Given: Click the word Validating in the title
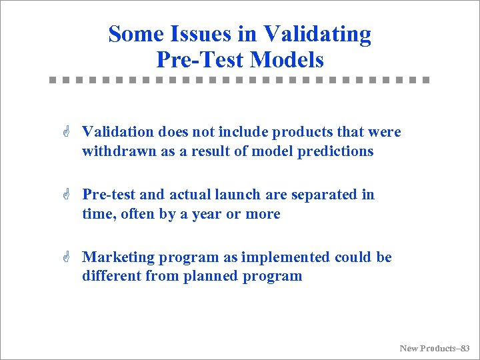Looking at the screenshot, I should (x=317, y=33).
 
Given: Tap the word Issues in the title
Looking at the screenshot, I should (x=209, y=33).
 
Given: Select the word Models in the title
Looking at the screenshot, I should (x=287, y=60).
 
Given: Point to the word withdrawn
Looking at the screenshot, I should (x=118, y=151).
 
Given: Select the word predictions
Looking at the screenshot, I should (x=336, y=151).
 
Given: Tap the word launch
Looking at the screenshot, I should (x=239, y=195).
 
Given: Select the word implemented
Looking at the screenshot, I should (x=285, y=257).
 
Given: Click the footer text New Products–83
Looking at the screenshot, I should (x=435, y=348).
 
